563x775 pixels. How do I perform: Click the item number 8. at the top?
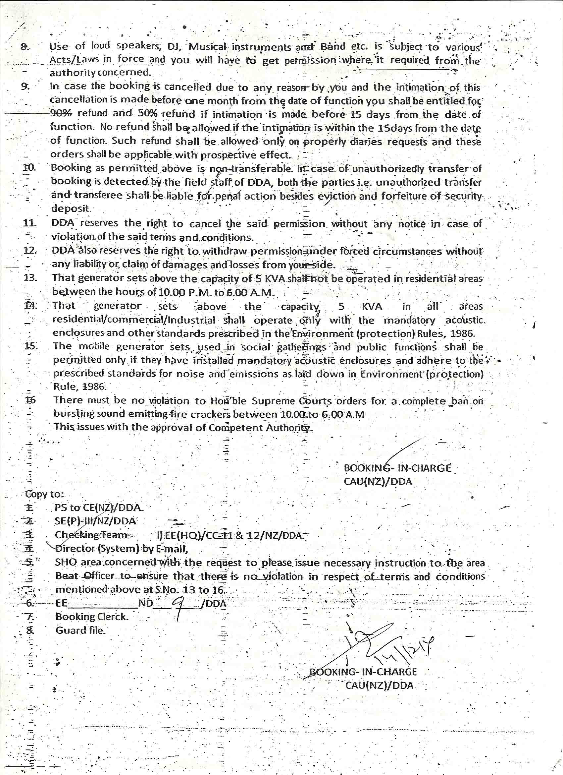[x=25, y=47]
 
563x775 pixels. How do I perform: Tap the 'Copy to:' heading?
[x=45, y=494]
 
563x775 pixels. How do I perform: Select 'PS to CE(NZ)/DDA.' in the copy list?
[x=99, y=508]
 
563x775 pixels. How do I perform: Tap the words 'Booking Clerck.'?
[x=92, y=617]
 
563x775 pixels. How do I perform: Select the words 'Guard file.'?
[x=80, y=630]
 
